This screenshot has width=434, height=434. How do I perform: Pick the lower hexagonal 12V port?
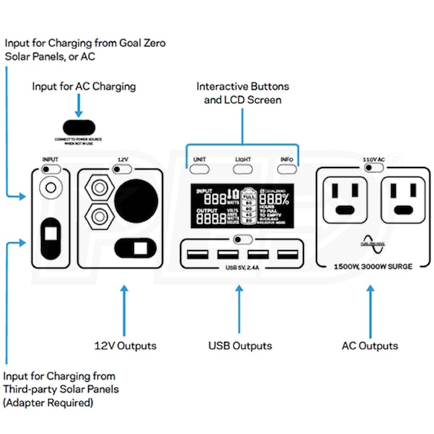[x=96, y=215]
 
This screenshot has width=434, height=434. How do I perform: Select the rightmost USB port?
[x=287, y=255]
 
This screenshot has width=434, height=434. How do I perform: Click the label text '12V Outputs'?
[x=125, y=346]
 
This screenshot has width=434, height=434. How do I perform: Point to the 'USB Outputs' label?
[x=240, y=346]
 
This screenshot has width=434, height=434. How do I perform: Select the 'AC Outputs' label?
[x=370, y=346]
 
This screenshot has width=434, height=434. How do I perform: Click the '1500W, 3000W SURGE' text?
[x=373, y=266]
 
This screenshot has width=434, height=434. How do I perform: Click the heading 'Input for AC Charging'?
[x=84, y=86]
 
